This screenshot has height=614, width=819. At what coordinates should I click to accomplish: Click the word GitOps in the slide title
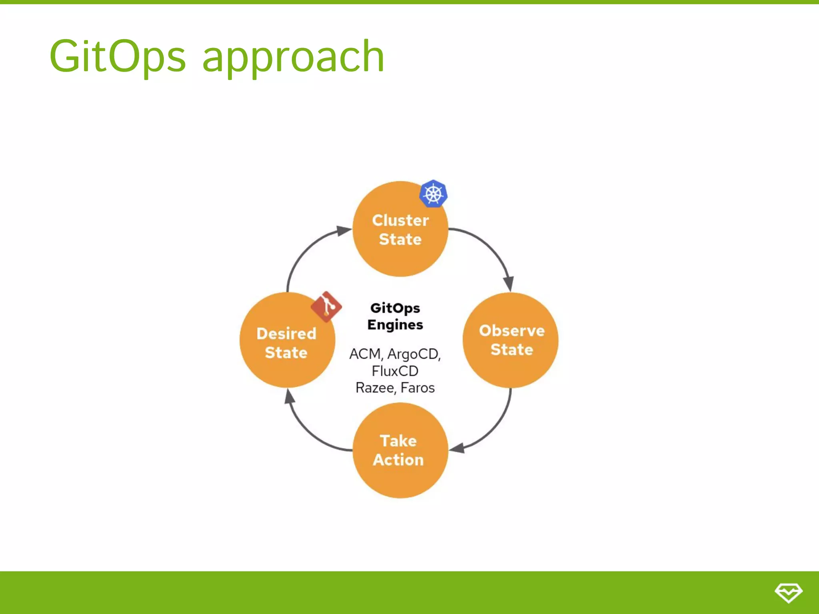117,56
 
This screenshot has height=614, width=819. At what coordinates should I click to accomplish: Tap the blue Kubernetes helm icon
433,194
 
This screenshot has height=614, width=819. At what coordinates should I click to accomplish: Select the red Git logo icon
326,307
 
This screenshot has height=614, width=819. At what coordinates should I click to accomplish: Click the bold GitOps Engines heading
395,316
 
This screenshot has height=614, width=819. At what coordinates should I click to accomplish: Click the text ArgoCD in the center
413,354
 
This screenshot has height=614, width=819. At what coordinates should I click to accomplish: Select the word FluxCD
395,371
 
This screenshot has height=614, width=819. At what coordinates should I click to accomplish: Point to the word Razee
375,388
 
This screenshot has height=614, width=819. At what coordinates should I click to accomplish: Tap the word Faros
417,388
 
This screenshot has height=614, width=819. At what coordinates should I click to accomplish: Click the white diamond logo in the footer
788,592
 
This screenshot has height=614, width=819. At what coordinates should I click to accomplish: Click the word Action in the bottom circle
398,460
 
